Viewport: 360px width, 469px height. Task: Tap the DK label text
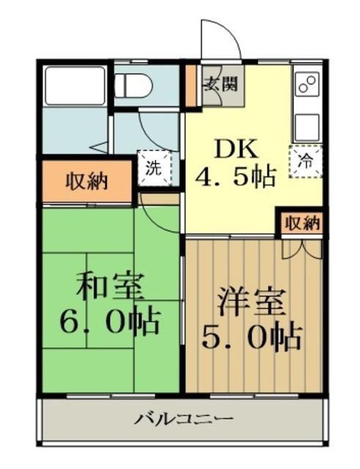click(235, 149)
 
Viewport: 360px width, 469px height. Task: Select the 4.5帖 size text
click(235, 177)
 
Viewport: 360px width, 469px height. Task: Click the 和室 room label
click(109, 287)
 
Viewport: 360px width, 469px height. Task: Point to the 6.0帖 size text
click(109, 320)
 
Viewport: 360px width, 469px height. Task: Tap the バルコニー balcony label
click(183, 418)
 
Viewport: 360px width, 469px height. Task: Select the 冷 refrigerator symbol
click(306, 162)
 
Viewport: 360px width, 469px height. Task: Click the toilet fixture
click(133, 86)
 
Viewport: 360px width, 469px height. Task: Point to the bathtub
click(75, 86)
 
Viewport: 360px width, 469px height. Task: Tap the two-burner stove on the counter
click(307, 84)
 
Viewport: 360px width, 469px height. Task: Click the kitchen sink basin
click(307, 125)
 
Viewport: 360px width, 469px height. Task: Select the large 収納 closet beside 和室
click(87, 181)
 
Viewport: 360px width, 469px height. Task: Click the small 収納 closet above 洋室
click(302, 223)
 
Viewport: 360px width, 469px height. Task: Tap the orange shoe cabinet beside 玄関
click(191, 86)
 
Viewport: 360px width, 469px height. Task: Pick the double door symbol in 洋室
click(303, 249)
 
